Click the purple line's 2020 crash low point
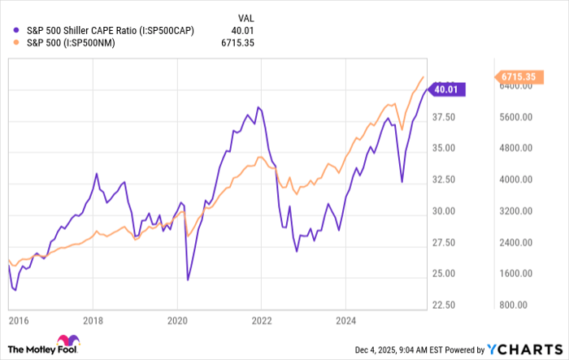[x=188, y=280]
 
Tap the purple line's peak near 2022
[x=258, y=107]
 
